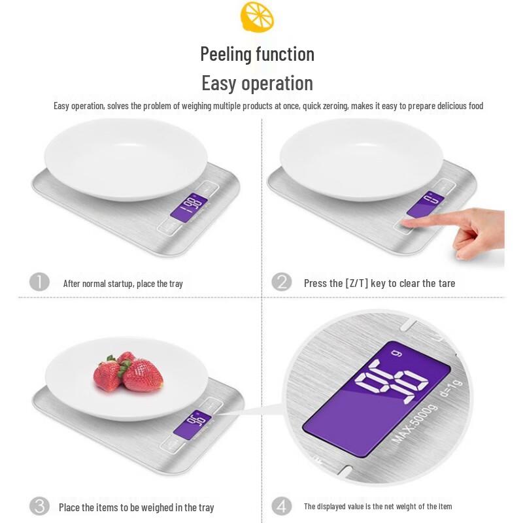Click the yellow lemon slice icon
click(x=257, y=17)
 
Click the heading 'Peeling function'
click(x=257, y=54)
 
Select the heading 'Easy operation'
click(x=257, y=84)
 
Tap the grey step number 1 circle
click(x=39, y=282)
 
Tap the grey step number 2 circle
click(x=281, y=282)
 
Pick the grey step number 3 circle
click(x=39, y=506)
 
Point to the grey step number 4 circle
click(x=281, y=506)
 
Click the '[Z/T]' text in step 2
click(x=356, y=283)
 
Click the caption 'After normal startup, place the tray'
click(x=123, y=284)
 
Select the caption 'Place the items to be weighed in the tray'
click(x=136, y=507)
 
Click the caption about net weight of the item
click(x=377, y=507)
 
